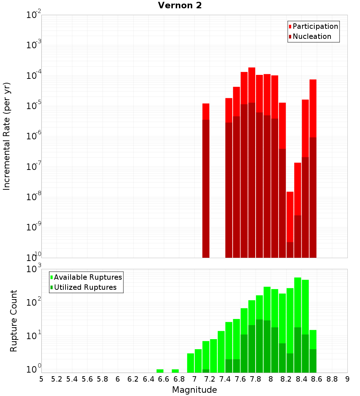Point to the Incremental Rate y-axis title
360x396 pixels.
click(x=7, y=136)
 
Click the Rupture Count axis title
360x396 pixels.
click(x=14, y=321)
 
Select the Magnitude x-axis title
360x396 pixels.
click(x=194, y=390)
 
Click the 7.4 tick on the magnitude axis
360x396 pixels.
click(x=225, y=379)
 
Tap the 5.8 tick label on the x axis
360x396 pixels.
click(x=103, y=379)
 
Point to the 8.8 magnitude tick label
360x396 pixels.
click(x=332, y=379)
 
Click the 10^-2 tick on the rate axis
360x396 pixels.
click(x=34, y=15)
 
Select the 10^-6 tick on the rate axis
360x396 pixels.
click(x=34, y=136)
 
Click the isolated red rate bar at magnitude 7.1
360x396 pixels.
click(x=206, y=180)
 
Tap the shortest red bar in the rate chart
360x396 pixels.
click(x=290, y=223)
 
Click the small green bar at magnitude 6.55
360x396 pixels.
click(x=160, y=371)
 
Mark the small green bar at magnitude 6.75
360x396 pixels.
click(x=175, y=371)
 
